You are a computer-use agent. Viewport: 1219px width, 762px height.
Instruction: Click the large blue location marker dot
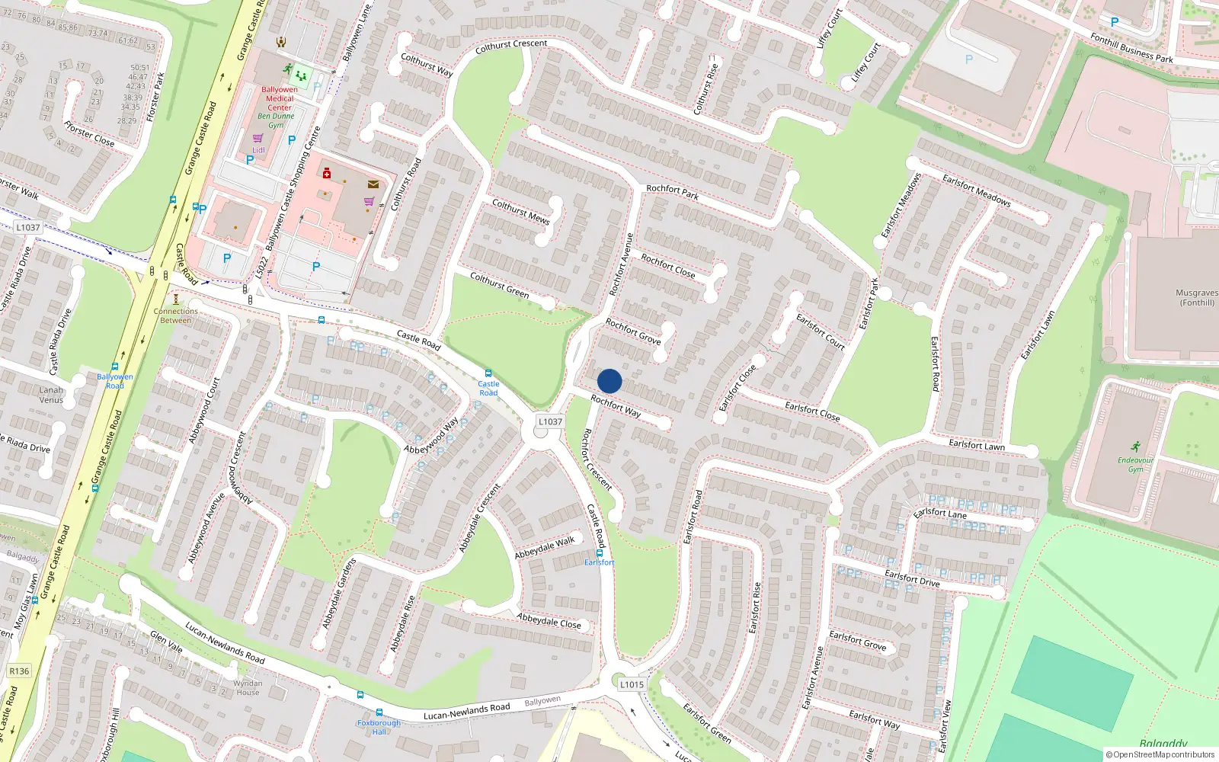pyautogui.click(x=609, y=381)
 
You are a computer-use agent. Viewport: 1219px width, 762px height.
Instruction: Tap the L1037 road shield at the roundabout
pyautogui.click(x=550, y=421)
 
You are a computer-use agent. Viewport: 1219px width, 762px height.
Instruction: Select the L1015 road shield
pyautogui.click(x=632, y=684)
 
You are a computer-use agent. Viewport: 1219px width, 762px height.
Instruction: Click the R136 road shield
pyautogui.click(x=19, y=671)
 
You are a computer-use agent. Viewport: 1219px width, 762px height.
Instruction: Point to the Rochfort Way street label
pyautogui.click(x=616, y=406)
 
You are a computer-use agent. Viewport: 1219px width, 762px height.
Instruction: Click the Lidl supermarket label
pyautogui.click(x=259, y=150)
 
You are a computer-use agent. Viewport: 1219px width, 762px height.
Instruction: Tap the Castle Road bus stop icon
pyautogui.click(x=488, y=373)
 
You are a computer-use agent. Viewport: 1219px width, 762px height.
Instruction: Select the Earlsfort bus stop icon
pyautogui.click(x=600, y=552)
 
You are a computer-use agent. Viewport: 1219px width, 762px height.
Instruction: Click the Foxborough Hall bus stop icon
pyautogui.click(x=379, y=712)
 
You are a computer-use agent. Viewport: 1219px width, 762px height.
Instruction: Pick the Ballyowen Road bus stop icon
pyautogui.click(x=115, y=367)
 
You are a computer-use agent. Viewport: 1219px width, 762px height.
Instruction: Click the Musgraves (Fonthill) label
pyautogui.click(x=1197, y=297)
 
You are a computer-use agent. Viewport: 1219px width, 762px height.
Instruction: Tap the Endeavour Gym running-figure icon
pyautogui.click(x=1136, y=447)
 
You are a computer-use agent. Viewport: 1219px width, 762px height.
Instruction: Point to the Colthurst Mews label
pyautogui.click(x=520, y=211)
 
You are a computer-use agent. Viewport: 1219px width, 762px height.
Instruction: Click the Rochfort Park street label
pyautogui.click(x=672, y=191)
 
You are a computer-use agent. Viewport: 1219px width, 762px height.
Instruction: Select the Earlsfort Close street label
pyautogui.click(x=812, y=411)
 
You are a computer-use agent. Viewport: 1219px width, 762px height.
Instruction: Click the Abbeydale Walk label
pyautogui.click(x=544, y=547)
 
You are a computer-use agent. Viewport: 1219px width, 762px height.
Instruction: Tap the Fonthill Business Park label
pyautogui.click(x=1131, y=47)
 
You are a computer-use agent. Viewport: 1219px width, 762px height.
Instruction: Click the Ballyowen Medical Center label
pyautogui.click(x=280, y=98)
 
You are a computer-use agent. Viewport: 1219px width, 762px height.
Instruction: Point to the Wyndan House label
pyautogui.click(x=248, y=687)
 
